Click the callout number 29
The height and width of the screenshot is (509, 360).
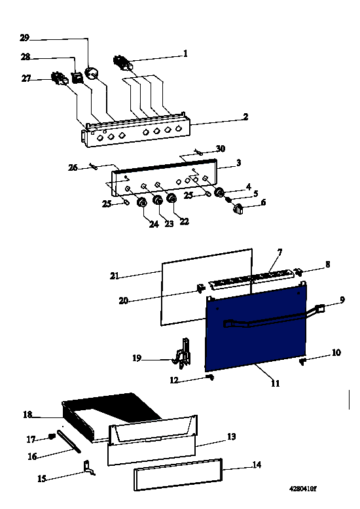click(25, 38)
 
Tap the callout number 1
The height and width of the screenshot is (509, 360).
click(185, 53)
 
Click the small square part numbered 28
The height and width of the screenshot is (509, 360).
click(77, 77)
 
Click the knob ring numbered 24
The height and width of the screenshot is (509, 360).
click(142, 202)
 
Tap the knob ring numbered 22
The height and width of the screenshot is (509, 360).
click(171, 198)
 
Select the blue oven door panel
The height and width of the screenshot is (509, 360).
click(256, 329)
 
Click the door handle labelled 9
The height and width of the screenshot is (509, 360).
click(274, 317)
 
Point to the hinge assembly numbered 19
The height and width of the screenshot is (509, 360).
click(183, 353)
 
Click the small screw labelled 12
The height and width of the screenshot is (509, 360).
click(210, 377)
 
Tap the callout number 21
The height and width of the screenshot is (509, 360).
click(115, 276)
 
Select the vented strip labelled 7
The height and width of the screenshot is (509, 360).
click(251, 279)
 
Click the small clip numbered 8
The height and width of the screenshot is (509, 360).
click(298, 271)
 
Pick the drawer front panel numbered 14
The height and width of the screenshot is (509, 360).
click(178, 474)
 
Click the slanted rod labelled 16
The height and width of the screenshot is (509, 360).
click(69, 441)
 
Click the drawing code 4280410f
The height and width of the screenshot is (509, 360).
click(302, 489)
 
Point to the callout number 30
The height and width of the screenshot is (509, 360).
click(221, 149)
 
